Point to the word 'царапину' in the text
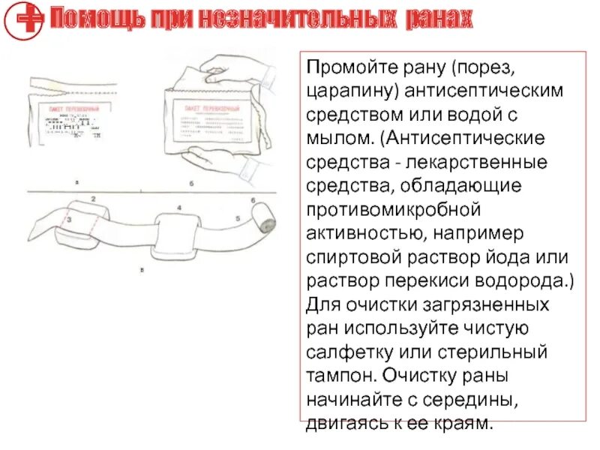point(352,91)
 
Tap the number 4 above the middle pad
point(178,207)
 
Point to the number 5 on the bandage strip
point(237,219)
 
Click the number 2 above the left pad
point(93,199)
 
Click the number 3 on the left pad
point(68,221)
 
